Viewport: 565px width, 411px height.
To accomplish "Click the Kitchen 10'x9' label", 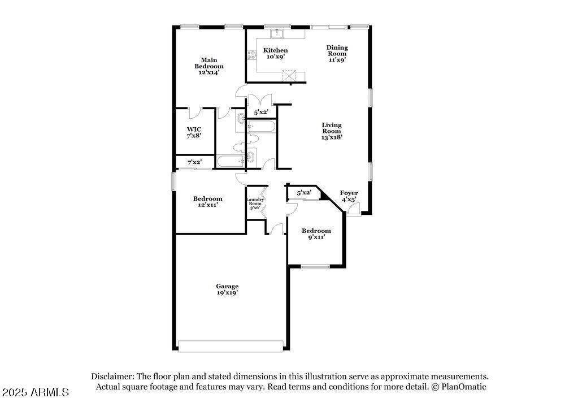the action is tap(275, 53).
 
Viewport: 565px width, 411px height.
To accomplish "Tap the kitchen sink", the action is tap(277, 33).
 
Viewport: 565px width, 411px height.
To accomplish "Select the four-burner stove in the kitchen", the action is tap(251, 55).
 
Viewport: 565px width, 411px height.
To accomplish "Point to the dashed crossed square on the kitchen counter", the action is tap(289, 76).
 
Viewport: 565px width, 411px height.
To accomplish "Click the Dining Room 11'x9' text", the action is tap(337, 53).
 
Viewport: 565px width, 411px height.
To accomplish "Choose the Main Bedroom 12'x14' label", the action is tap(209, 66).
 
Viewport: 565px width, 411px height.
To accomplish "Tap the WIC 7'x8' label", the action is tap(194, 132).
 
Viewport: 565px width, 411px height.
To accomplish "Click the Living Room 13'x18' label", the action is tap(332, 131).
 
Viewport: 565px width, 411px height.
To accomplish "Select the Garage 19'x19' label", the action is tap(227, 289).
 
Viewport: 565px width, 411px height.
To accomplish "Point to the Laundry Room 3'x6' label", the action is tap(255, 204).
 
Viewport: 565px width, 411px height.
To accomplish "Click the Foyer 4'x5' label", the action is tap(349, 196).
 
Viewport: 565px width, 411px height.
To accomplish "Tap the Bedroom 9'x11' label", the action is tap(316, 233).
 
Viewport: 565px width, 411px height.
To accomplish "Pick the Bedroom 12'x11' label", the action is tap(207, 201).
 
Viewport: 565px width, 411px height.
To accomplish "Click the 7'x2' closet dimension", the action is tap(194, 162).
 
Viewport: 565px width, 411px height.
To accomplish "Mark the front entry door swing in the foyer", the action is tap(355, 208).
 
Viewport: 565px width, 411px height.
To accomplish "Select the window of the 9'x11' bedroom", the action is tap(316, 266).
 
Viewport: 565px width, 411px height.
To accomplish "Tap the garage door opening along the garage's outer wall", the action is tap(231, 346).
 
